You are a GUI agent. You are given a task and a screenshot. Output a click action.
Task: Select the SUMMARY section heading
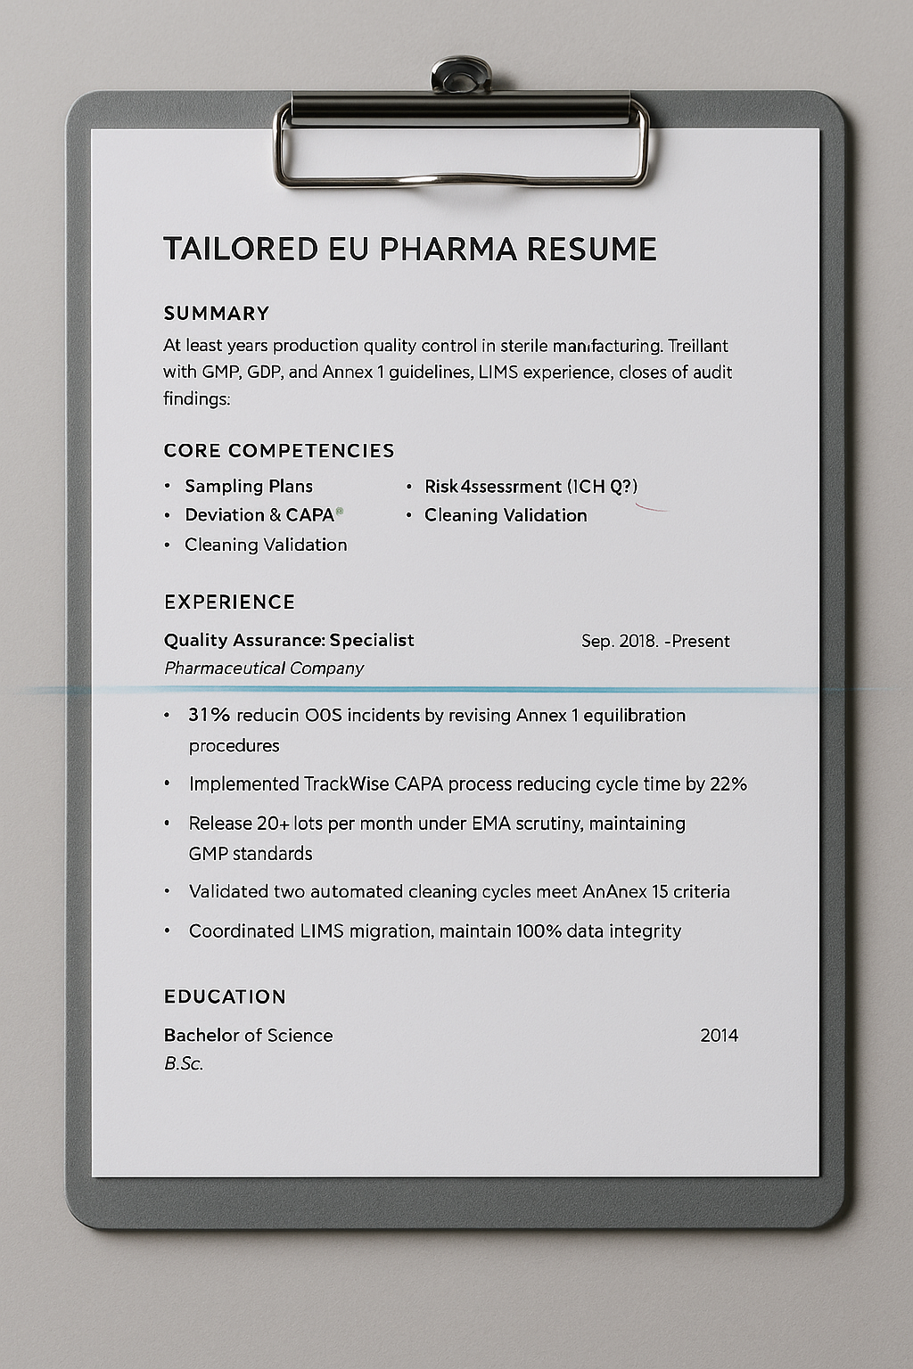click(217, 314)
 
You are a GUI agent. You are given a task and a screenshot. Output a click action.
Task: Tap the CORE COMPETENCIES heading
click(279, 451)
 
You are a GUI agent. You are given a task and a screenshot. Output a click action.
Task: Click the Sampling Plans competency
click(249, 487)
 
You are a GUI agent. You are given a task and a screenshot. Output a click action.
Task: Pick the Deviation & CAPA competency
click(259, 515)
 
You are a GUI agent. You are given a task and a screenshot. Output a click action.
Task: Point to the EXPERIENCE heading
click(229, 603)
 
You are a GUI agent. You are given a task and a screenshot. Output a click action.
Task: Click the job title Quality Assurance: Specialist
click(289, 641)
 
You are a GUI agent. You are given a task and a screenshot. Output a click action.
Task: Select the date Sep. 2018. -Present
click(655, 642)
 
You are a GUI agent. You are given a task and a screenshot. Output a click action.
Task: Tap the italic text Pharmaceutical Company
click(264, 668)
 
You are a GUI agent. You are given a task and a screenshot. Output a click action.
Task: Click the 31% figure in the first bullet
click(210, 716)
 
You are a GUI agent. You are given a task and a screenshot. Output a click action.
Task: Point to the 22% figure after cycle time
click(728, 784)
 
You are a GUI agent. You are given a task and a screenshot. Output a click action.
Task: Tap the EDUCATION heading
click(225, 997)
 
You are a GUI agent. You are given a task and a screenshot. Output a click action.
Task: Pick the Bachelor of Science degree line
click(248, 1036)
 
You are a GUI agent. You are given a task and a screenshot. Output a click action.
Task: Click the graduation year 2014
click(720, 1036)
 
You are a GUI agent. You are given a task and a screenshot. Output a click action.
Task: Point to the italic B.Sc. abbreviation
click(184, 1063)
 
